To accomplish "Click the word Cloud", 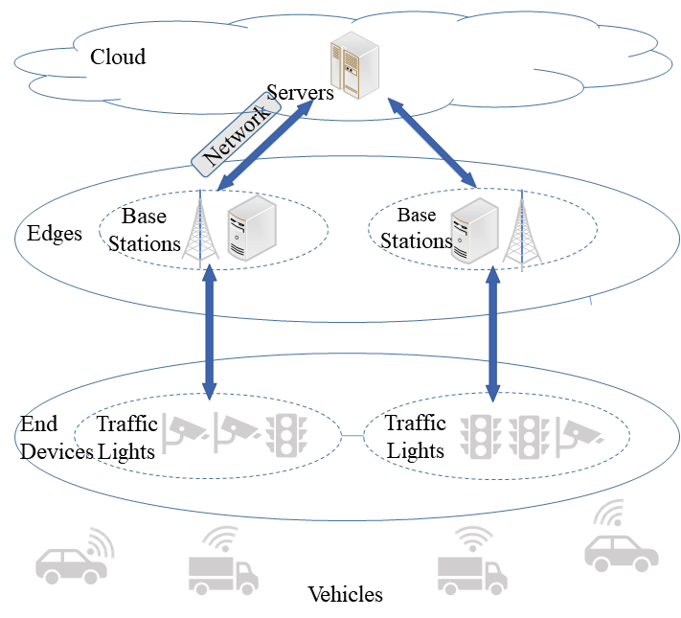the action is [118, 57].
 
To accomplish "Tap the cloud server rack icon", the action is [354, 65].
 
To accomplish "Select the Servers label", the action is [300, 93].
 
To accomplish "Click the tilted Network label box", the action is [236, 135].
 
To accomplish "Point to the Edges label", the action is [55, 234].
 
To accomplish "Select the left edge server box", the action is [252, 228].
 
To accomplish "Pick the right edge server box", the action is [474, 230].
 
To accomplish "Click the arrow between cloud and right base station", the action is [432, 143].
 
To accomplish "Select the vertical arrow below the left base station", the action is [210, 332].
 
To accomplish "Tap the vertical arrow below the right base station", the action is [493, 334].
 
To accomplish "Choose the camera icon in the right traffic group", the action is [579, 437].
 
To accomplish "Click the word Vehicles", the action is [345, 594].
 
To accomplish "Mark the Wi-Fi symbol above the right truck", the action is [472, 538].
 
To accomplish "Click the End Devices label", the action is [57, 438].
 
